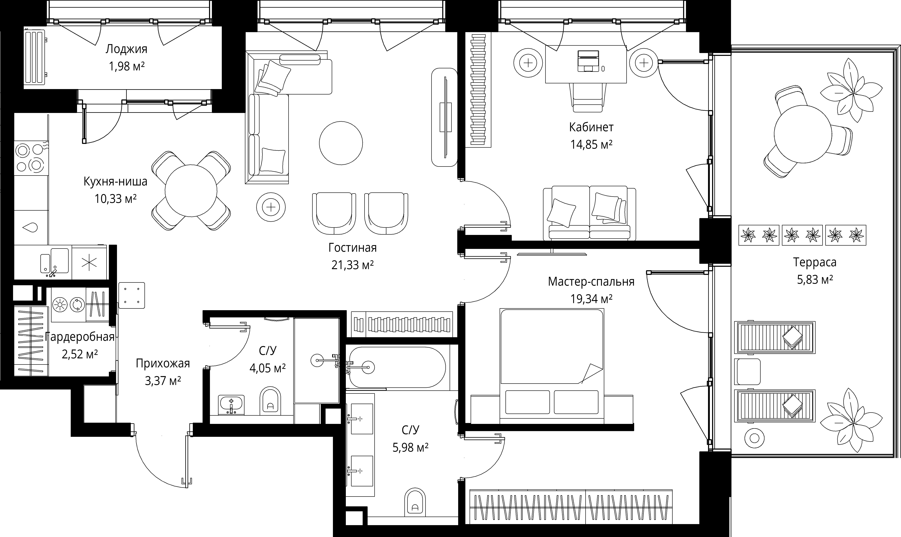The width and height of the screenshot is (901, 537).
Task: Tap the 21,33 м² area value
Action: tap(352, 265)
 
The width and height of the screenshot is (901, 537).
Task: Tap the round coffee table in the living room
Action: tap(341, 143)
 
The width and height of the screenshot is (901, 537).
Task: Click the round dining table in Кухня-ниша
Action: tap(191, 191)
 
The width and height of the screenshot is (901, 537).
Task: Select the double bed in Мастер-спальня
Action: tap(552, 365)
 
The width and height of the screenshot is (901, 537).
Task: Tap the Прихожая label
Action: tap(163, 363)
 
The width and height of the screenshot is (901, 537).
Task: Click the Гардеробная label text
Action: tap(80, 337)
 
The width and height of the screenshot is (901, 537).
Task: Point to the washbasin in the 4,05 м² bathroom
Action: tap(232, 405)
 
